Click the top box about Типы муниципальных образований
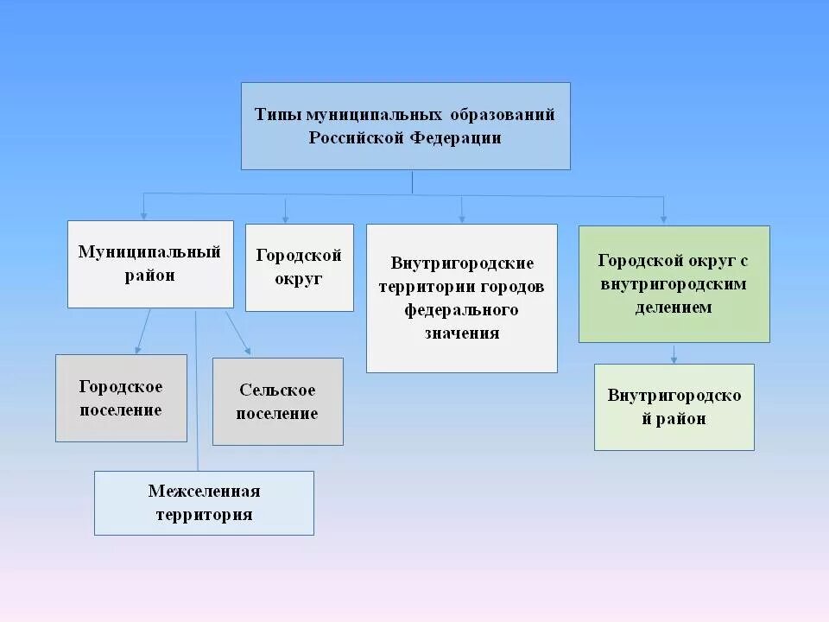(x=405, y=126)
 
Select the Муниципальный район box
(x=150, y=264)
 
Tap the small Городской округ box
(x=299, y=267)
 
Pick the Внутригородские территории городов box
(x=461, y=298)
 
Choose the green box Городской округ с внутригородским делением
(x=674, y=284)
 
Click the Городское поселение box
(x=121, y=398)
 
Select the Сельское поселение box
(x=277, y=402)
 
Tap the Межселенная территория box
(x=204, y=503)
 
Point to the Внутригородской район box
(x=674, y=407)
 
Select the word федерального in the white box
(x=461, y=309)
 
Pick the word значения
(x=461, y=333)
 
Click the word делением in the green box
(x=674, y=307)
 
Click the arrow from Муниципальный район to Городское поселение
(x=142, y=331)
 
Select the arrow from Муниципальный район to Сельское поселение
(x=238, y=333)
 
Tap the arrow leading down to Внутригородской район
(x=674, y=353)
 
